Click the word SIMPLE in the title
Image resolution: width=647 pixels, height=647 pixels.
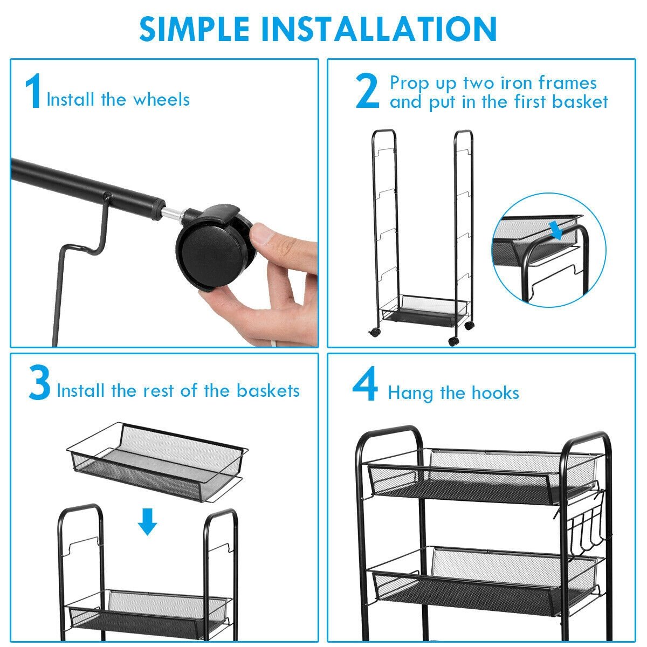(x=194, y=29)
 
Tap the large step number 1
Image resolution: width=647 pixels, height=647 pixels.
(x=33, y=91)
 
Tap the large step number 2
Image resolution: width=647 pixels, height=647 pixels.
(x=367, y=91)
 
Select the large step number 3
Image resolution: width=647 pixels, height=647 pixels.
(x=39, y=382)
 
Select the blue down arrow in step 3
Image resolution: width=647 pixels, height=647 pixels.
(x=147, y=521)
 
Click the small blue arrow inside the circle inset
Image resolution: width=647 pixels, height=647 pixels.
(x=557, y=231)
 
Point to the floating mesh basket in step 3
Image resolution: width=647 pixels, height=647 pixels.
(x=157, y=462)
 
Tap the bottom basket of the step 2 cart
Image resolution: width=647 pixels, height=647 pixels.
(x=423, y=310)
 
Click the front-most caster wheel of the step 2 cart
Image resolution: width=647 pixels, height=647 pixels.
(x=453, y=341)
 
